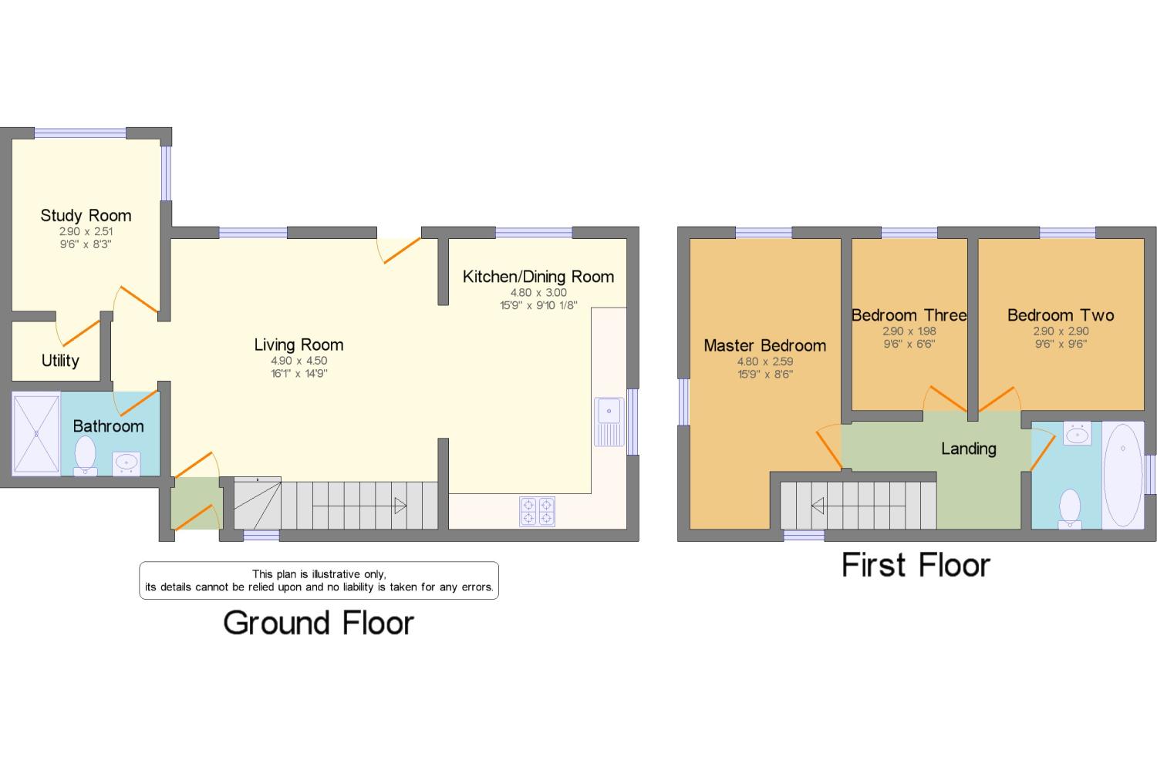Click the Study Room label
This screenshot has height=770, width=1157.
click(x=86, y=216)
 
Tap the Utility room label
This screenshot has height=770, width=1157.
click(x=60, y=360)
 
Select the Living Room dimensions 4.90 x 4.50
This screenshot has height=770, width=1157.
click(x=299, y=361)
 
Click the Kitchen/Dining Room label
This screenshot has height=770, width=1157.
click(x=538, y=277)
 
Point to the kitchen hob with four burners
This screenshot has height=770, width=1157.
click(x=537, y=512)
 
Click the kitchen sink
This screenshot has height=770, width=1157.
click(x=609, y=422)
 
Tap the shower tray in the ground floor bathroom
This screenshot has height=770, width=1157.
click(x=36, y=433)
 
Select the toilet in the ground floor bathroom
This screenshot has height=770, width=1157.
click(x=85, y=456)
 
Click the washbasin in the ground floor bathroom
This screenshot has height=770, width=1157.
click(x=126, y=463)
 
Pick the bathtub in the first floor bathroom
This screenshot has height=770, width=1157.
click(x=1122, y=476)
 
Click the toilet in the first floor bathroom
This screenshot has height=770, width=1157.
click(x=1070, y=509)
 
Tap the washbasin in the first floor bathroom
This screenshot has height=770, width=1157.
click(x=1078, y=433)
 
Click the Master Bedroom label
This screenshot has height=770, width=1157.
click(x=765, y=346)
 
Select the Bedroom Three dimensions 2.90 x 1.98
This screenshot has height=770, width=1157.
click(x=909, y=331)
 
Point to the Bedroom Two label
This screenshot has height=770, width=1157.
click(x=1061, y=315)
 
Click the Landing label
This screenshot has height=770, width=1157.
click(x=969, y=449)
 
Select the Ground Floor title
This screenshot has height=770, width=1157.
click(x=319, y=623)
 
